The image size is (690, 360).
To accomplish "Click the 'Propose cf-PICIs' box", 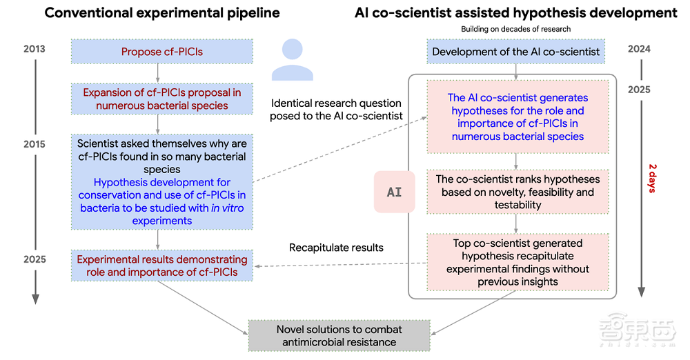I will (162, 52).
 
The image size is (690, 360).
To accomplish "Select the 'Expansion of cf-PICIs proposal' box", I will (161, 99).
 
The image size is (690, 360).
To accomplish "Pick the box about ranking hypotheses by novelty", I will (517, 192).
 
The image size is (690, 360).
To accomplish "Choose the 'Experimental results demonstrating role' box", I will (161, 266).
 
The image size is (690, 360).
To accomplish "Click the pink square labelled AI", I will (394, 192).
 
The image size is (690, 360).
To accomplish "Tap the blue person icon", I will (293, 61).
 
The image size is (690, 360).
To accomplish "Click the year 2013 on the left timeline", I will (34, 49).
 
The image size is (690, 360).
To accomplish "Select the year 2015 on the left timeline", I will (34, 144).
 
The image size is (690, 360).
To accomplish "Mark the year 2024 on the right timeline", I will (639, 49).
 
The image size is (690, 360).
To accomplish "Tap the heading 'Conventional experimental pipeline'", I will (161, 12).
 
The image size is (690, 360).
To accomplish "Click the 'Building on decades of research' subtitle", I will (516, 28).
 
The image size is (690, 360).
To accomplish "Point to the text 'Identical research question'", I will (337, 103).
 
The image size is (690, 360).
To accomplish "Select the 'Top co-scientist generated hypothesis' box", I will (517, 262).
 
